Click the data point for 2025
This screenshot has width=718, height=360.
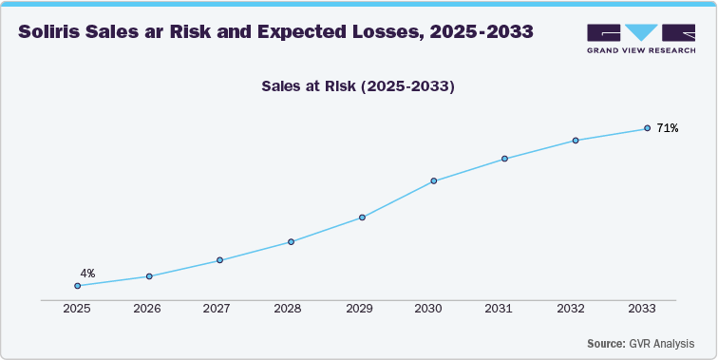pyautogui.click(x=78, y=285)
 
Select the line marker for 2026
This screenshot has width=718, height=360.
pyautogui.click(x=149, y=276)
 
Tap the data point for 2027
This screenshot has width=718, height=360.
pyautogui.click(x=219, y=260)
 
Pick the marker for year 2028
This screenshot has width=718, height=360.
pyautogui.click(x=291, y=241)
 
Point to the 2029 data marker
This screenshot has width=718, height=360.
pyautogui.click(x=362, y=218)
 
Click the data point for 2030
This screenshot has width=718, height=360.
pyautogui.click(x=433, y=180)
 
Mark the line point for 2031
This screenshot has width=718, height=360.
pyautogui.click(x=504, y=159)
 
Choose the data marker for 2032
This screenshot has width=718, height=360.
pyautogui.click(x=576, y=141)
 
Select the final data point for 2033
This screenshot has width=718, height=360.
pyautogui.click(x=647, y=128)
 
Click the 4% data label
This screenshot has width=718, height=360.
pyautogui.click(x=87, y=274)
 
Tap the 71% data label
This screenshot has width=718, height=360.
pyautogui.click(x=668, y=128)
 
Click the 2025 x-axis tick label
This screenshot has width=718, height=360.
pyautogui.click(x=76, y=310)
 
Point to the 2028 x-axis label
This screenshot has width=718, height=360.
pyautogui.click(x=289, y=310)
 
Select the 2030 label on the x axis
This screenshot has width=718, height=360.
pyautogui.click(x=430, y=310)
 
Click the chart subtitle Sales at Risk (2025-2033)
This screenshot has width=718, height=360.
pyautogui.click(x=359, y=86)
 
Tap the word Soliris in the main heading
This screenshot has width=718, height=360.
pyautogui.click(x=53, y=31)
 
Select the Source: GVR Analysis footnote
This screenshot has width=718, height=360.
pyautogui.click(x=639, y=343)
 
